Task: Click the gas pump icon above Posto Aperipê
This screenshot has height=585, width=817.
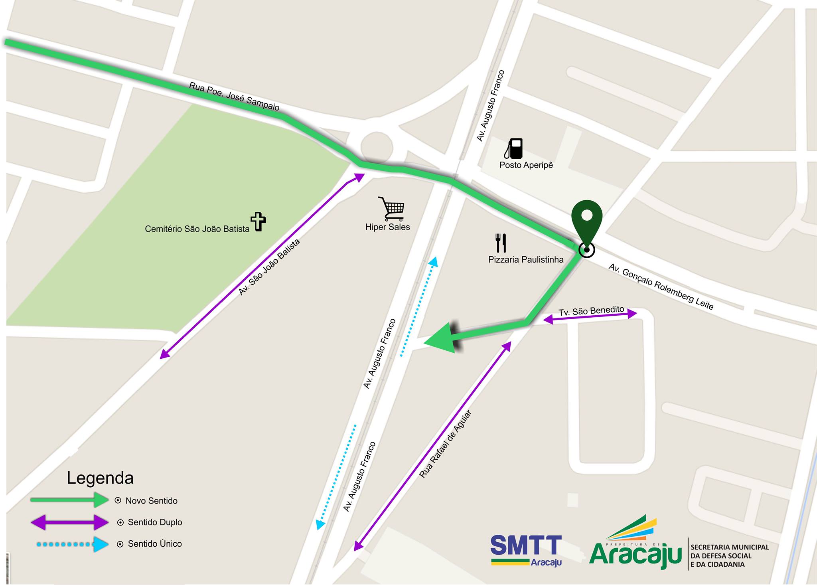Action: click(x=514, y=148)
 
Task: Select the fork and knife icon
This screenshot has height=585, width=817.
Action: click(x=501, y=243)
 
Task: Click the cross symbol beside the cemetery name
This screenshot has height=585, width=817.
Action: click(x=258, y=221)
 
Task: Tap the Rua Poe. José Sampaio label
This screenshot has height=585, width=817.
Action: click(x=234, y=97)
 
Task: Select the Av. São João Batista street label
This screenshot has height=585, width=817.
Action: click(x=269, y=267)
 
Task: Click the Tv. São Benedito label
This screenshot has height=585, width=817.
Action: click(x=591, y=311)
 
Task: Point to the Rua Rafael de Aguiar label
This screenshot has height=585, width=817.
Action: click(x=446, y=444)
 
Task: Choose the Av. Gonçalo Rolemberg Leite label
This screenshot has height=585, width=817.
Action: click(x=661, y=287)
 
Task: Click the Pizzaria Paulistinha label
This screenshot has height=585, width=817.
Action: click(x=526, y=260)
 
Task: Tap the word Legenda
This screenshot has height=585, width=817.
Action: click(x=100, y=478)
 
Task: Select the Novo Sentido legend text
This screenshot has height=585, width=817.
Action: click(x=151, y=501)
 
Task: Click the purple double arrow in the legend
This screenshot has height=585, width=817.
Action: click(x=69, y=522)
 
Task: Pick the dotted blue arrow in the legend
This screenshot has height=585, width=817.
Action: click(x=72, y=544)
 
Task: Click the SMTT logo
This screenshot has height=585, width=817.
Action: click(x=526, y=550)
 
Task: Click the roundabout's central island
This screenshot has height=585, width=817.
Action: click(x=377, y=147)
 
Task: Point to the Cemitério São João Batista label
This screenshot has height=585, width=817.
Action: click(x=197, y=229)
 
